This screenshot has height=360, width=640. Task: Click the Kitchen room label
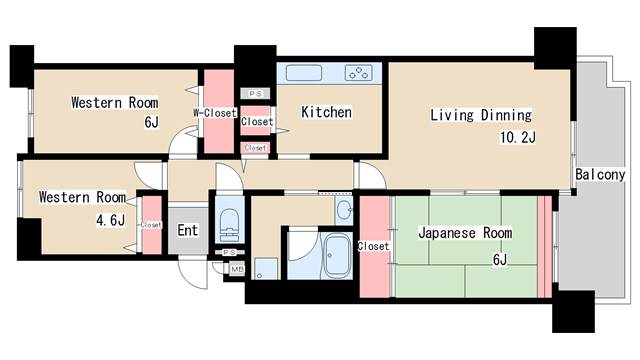pos(326,113)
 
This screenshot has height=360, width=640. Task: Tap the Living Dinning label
pos(480,115)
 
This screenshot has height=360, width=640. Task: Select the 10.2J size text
pos(519,138)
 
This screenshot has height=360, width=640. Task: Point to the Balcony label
pos(600,175)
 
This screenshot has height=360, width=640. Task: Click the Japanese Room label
pos(464,233)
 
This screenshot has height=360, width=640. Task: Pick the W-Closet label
pos(215,113)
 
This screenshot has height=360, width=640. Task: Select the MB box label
pos(238,269)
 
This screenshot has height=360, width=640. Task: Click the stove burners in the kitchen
pos(359,72)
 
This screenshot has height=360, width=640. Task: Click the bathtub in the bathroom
pos(336,255)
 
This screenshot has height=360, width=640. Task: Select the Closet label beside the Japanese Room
pos(373,246)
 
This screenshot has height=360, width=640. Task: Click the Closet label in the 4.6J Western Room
pos(152,225)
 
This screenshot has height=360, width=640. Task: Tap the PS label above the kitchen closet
pos(255,94)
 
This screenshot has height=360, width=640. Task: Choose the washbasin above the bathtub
pos(343,209)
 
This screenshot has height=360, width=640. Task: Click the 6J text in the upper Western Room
pos(151,123)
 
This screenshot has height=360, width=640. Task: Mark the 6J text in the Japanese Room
pos(499,260)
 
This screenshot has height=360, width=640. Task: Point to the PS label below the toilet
pos(229,253)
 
